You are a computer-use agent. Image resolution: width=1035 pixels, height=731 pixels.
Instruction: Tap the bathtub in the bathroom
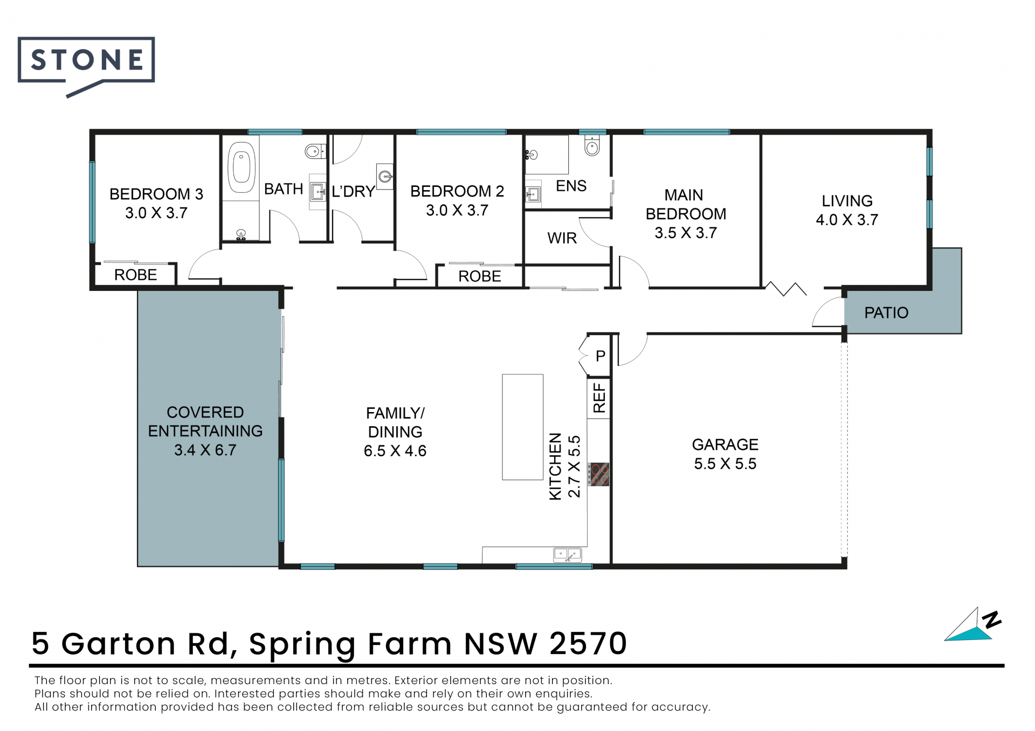point(241,167)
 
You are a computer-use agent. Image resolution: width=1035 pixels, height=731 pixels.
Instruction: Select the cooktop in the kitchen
point(598,475)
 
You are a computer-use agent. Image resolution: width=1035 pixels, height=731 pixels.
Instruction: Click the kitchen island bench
point(522,427)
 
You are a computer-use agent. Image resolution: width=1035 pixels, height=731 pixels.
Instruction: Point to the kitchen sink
point(568,555)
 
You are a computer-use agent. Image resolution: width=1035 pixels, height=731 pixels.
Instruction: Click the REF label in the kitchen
point(599,398)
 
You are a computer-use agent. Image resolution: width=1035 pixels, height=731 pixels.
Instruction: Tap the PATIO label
point(886,312)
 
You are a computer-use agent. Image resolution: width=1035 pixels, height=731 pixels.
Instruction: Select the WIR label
point(562,238)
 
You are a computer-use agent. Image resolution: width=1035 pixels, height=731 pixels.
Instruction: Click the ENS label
point(571,186)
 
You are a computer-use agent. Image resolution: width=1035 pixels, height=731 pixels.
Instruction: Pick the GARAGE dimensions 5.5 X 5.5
point(725,464)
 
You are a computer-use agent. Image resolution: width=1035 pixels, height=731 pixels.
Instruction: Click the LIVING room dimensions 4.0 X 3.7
point(847,220)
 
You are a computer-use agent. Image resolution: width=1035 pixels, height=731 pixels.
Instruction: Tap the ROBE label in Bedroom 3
point(135,275)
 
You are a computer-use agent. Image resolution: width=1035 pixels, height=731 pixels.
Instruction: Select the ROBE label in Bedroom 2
point(479,276)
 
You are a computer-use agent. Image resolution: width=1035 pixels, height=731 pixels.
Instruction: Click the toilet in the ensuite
point(592,145)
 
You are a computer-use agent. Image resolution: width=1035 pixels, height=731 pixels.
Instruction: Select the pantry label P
point(601,356)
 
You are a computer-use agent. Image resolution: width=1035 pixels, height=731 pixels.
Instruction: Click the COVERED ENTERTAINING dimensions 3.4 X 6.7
point(205,450)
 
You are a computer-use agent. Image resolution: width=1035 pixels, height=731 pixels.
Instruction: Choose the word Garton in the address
point(119,643)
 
